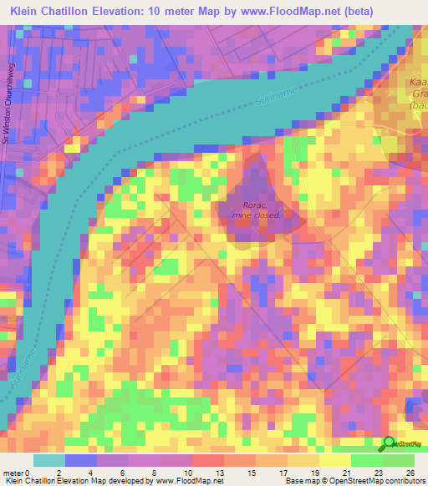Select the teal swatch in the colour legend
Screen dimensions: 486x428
click(x=48, y=461)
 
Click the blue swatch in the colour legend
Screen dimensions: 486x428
click(x=81, y=461)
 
